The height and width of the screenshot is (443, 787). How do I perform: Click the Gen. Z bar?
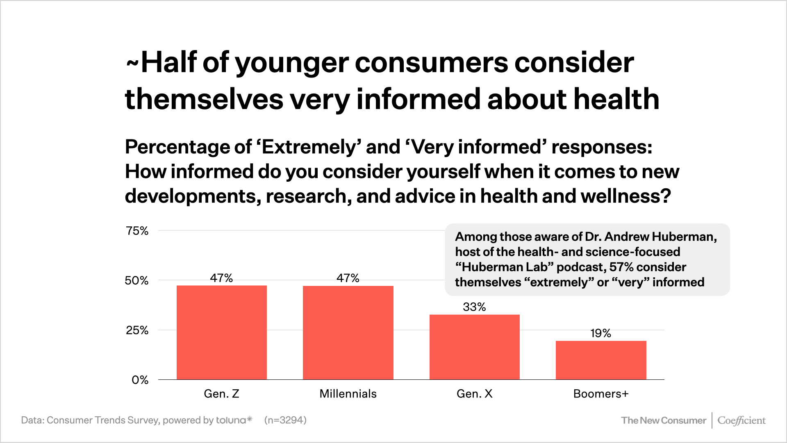(221, 332)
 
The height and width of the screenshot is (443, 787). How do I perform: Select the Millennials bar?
(348, 332)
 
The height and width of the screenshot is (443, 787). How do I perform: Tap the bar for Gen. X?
(474, 347)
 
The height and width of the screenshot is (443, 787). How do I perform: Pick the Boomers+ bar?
(601, 360)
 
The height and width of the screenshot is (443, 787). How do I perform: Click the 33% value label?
(474, 307)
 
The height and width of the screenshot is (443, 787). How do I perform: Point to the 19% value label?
(601, 333)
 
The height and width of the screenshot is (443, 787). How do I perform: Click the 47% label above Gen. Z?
(221, 278)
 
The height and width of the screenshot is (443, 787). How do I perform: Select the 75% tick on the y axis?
(137, 231)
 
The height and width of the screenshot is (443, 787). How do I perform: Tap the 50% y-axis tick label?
(136, 281)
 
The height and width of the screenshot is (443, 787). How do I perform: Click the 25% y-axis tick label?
(137, 330)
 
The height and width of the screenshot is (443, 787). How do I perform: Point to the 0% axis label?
(140, 380)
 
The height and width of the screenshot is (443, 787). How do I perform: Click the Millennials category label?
(348, 394)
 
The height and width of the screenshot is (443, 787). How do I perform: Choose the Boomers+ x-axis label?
(601, 394)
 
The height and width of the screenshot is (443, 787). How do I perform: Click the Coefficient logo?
(741, 420)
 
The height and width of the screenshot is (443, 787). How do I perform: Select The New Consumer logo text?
(664, 420)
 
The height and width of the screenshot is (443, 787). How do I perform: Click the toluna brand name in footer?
(231, 420)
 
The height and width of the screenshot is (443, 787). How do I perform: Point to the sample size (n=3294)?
(285, 420)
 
